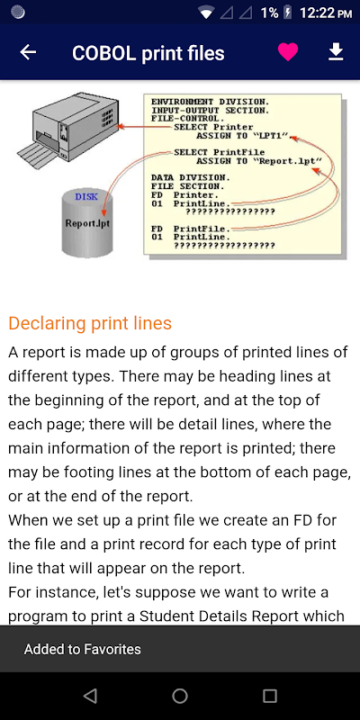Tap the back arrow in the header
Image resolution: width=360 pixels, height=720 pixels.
(x=28, y=52)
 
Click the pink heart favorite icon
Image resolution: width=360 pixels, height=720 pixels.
(x=288, y=52)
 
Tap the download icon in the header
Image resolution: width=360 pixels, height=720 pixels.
(x=336, y=52)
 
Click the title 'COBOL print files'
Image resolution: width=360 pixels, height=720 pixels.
(x=148, y=53)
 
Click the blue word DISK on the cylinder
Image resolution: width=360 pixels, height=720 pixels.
(x=86, y=197)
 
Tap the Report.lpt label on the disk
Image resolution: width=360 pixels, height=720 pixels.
(x=87, y=223)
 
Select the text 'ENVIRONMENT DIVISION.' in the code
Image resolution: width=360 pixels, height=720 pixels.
(x=211, y=102)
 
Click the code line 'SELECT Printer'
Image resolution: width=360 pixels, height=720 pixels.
(x=213, y=127)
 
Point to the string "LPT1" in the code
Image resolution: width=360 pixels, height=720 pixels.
(x=270, y=136)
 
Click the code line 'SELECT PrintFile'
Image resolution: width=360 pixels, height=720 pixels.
(x=220, y=152)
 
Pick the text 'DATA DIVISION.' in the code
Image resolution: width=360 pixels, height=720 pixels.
(x=191, y=177)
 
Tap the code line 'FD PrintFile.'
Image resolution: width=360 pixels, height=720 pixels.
(x=191, y=229)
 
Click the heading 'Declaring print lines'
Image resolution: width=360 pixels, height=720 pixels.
(x=90, y=323)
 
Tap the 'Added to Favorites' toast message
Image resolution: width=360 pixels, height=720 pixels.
(x=83, y=649)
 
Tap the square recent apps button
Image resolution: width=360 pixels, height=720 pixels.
(x=269, y=696)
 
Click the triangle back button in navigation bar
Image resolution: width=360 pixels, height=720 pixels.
(x=90, y=696)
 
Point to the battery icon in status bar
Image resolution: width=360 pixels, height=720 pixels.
(x=288, y=13)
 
